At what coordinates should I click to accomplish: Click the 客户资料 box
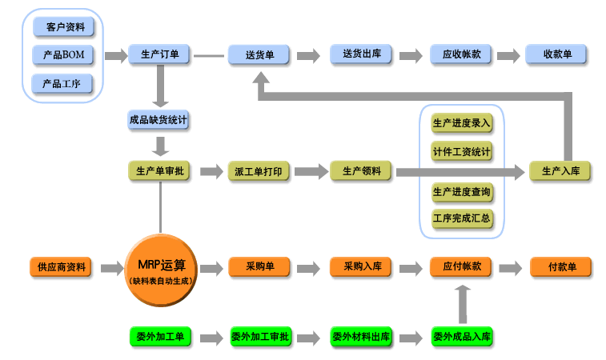[63, 27]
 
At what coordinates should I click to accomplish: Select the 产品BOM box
[63, 55]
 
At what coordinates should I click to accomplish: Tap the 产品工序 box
[63, 84]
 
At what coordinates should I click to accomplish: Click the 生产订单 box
[159, 54]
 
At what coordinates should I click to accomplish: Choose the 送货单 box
[259, 55]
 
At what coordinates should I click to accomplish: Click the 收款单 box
[557, 54]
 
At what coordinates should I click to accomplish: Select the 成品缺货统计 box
[159, 120]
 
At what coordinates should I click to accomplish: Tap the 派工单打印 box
[259, 171]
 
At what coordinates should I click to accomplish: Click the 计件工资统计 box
[462, 151]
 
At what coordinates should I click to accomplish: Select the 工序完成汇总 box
[462, 218]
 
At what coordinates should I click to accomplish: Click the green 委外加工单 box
[160, 336]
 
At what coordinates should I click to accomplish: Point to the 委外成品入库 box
[462, 336]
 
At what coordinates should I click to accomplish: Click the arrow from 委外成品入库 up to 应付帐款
[462, 302]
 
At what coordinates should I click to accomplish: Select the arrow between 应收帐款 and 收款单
[508, 55]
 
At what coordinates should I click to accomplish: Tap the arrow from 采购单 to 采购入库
[308, 267]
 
